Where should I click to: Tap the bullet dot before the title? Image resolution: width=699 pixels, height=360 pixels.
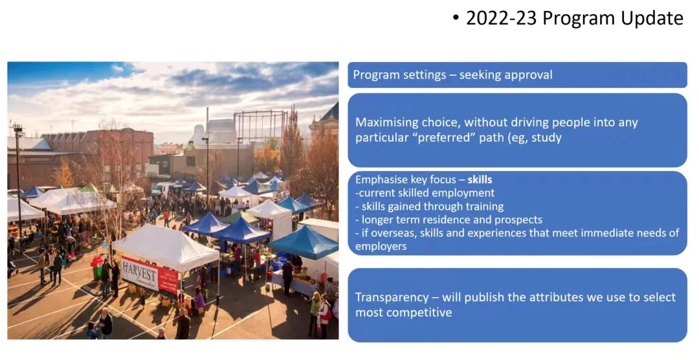point(455,19)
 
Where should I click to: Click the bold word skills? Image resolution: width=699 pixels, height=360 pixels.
point(480,180)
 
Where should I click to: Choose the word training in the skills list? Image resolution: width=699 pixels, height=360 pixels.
point(485,207)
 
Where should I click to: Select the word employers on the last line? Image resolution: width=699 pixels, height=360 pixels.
point(381,247)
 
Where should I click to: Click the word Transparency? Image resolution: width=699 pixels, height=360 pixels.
point(390,298)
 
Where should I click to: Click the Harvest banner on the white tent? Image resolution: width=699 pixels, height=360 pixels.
point(150,273)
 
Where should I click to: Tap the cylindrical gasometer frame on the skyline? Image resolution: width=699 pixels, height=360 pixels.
point(261,127)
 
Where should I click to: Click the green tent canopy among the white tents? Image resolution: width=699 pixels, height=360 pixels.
point(89,188)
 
